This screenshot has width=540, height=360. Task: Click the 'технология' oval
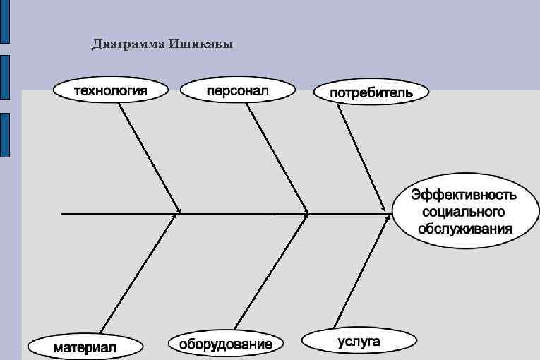tap(112, 90)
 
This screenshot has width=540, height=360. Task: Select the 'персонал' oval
tap(237, 90)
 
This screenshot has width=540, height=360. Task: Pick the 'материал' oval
tap(85, 347)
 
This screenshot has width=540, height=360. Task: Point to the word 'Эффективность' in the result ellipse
tap(463, 195)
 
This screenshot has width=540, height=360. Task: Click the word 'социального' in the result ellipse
tap(463, 212)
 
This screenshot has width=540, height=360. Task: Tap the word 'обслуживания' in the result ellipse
tap(463, 229)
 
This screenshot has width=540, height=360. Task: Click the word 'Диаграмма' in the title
tap(129, 45)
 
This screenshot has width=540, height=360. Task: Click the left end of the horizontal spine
tap(64, 212)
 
